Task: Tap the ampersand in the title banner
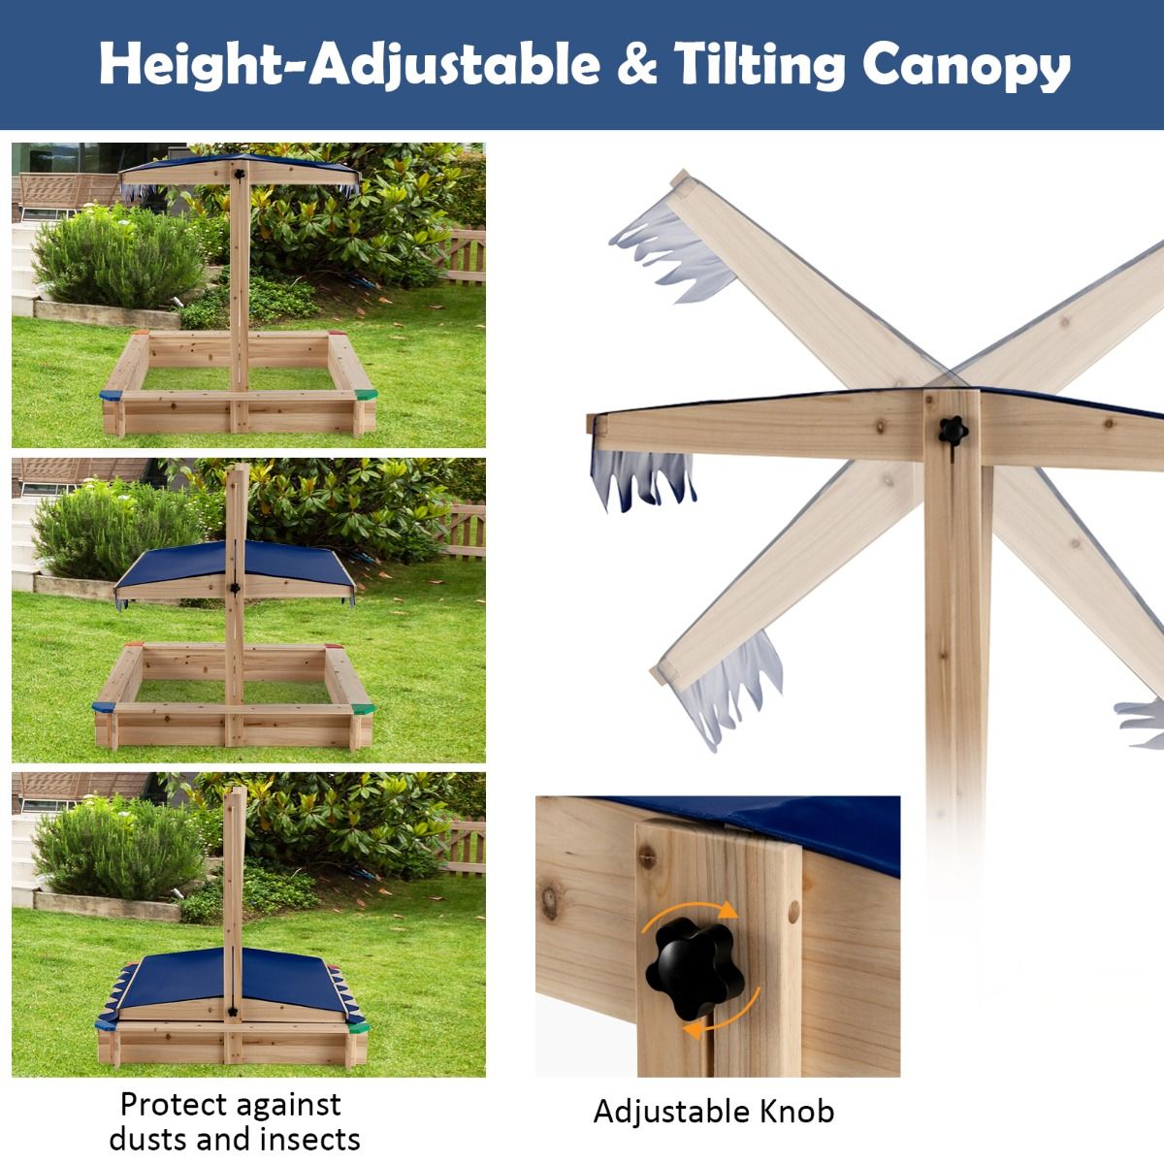[636, 63]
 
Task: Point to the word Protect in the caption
[175, 1104]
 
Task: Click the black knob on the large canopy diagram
[954, 431]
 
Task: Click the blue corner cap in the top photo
[111, 396]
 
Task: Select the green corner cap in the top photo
[366, 395]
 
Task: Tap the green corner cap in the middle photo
[363, 709]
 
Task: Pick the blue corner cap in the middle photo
[103, 707]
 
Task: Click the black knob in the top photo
[240, 175]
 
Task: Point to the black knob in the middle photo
[235, 587]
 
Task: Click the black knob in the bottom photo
[233, 1011]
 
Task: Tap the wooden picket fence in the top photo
[461, 255]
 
